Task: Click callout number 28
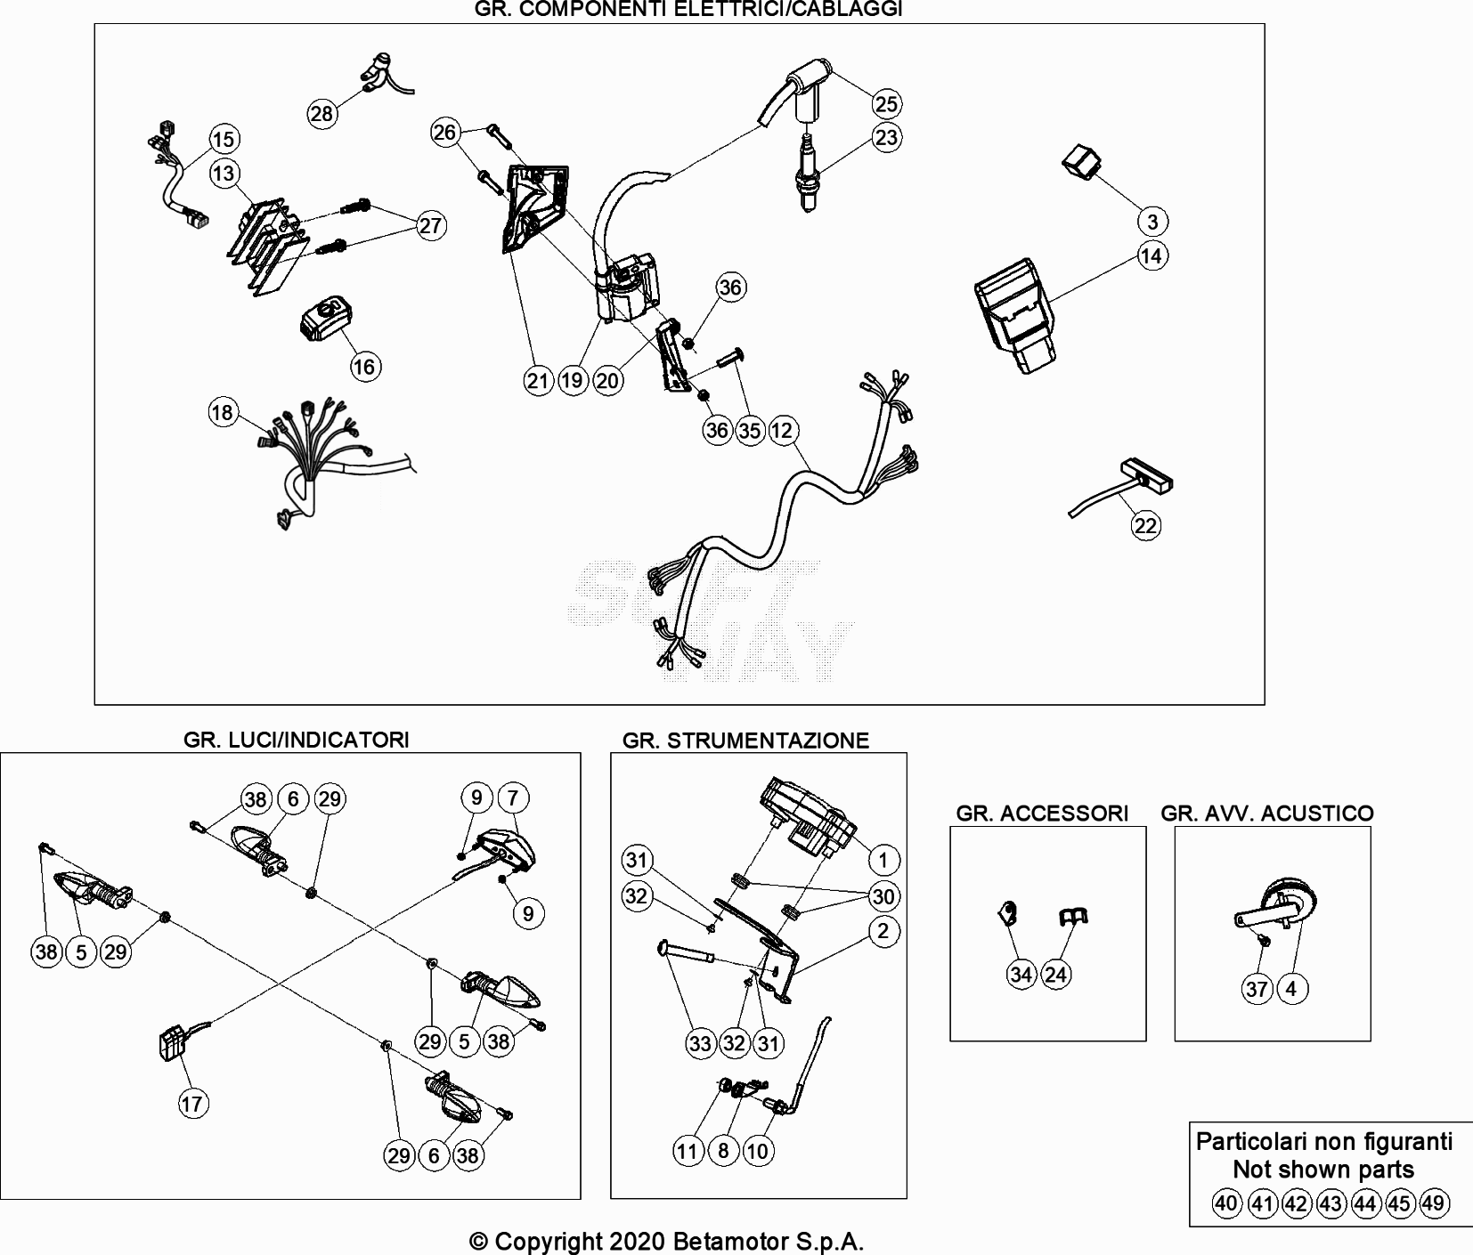click(321, 113)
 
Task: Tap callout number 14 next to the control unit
click(1152, 256)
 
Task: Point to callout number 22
click(1145, 526)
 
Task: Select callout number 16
click(365, 367)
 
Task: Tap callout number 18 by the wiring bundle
click(223, 412)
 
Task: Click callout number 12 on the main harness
click(782, 431)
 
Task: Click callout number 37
click(1257, 989)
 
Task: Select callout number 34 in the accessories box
click(1021, 975)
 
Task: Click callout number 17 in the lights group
click(192, 1104)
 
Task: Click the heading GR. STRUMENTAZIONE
click(745, 741)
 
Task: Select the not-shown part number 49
click(1433, 1204)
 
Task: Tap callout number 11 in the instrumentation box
click(688, 1151)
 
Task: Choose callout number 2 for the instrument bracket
click(883, 932)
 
